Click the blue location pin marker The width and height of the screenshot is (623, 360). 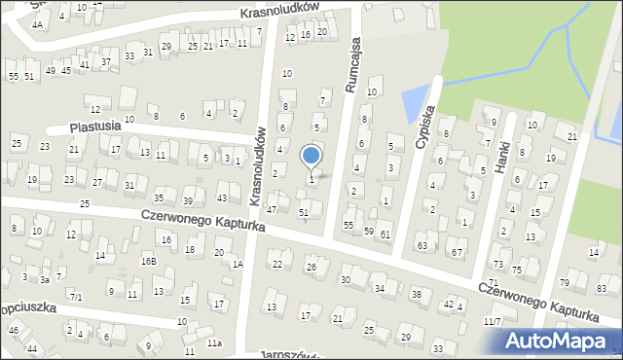pos(311,156)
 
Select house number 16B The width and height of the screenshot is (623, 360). pos(148,261)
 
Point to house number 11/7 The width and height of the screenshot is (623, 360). pos(493,321)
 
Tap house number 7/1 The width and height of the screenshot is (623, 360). pos(76,296)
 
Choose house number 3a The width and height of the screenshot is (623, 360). pos(45,279)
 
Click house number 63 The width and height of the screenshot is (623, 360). pos(422,246)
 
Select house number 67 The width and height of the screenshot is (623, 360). pos(457,253)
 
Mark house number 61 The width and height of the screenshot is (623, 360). pos(385,234)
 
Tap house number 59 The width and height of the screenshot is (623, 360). pos(368,231)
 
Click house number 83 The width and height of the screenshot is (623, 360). pos(602,289)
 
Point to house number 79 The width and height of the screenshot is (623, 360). pos(565,282)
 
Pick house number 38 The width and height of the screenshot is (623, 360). pos(416,294)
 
